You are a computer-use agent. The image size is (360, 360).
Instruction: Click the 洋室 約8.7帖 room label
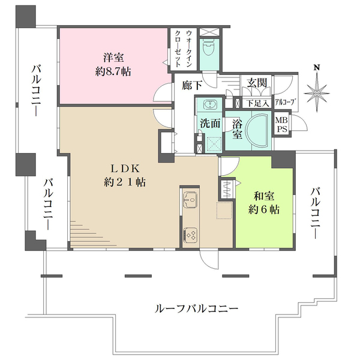point(112,64)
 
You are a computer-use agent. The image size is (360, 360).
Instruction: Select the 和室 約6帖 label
point(265,202)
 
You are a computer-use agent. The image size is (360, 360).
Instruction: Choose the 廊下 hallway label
point(192,86)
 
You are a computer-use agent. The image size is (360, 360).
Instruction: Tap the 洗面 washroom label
point(209,125)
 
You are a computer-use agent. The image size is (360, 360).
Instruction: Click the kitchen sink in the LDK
point(190,199)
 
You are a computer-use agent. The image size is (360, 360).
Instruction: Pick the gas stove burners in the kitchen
point(191,233)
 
